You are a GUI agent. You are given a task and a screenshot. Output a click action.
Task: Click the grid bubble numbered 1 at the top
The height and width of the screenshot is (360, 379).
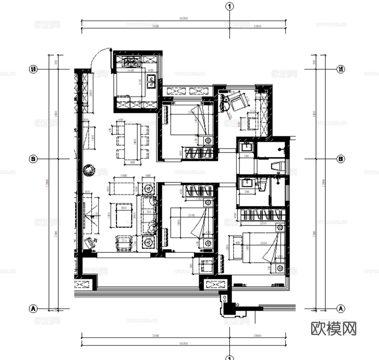point(230,6)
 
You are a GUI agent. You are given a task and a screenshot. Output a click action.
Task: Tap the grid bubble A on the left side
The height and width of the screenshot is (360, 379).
point(33,309)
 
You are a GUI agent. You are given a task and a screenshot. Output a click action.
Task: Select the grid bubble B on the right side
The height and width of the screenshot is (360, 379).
point(340,159)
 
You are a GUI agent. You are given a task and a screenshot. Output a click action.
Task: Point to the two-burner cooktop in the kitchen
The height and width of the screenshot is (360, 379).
point(131,62)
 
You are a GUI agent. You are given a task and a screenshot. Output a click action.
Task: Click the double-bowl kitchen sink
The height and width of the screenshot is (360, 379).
point(151,81)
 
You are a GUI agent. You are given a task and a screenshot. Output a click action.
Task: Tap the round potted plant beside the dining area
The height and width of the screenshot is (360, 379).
point(88,170)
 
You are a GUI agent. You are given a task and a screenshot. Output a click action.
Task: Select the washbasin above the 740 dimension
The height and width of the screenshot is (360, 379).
point(247,148)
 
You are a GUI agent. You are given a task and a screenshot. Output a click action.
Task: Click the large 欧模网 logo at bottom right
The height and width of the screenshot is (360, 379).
point(334,328)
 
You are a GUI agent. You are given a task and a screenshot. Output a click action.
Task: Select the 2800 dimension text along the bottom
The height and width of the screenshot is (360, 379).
point(257,336)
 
